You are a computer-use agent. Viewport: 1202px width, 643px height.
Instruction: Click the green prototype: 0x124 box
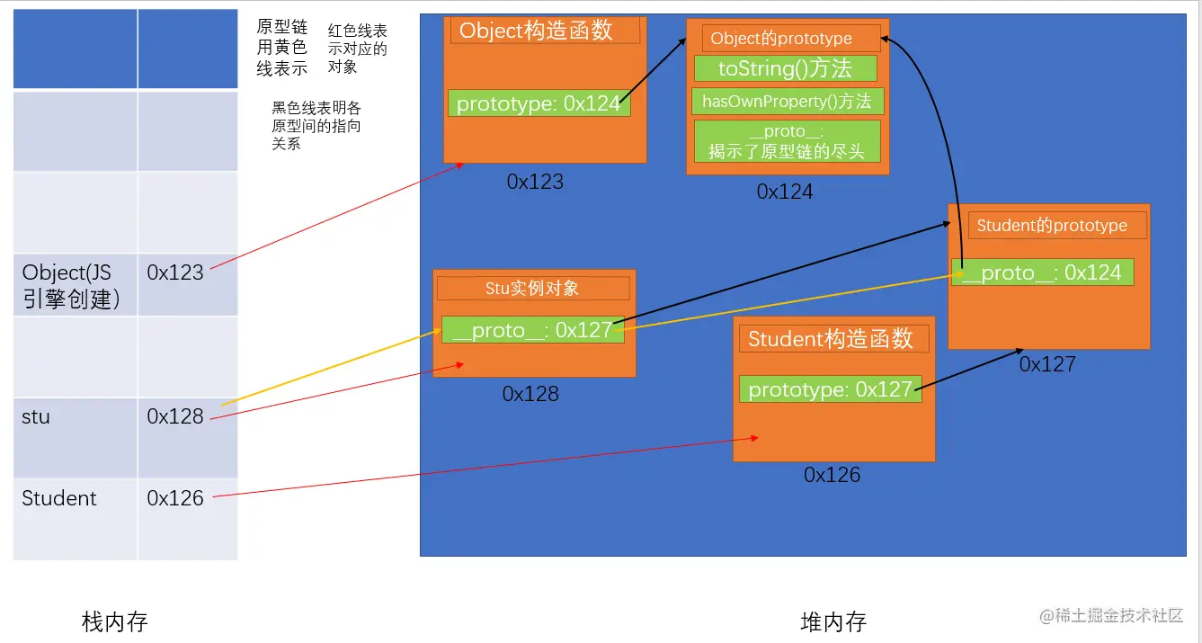point(539,103)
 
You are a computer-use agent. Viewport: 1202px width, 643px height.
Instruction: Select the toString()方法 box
point(785,68)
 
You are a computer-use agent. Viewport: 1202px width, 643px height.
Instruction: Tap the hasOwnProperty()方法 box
point(788,101)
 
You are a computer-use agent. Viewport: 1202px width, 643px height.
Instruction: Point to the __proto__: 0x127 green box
point(531,330)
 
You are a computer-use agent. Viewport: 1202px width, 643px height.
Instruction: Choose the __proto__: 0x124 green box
point(1042,272)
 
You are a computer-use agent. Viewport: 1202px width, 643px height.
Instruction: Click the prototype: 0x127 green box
point(830,389)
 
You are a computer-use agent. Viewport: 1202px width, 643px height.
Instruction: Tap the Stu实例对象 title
point(532,289)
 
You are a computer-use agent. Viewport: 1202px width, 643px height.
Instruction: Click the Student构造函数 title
point(831,339)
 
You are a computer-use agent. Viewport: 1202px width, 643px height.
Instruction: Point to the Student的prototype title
point(1052,226)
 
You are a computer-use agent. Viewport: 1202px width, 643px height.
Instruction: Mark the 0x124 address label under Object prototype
point(785,192)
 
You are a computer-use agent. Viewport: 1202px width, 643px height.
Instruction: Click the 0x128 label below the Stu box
point(530,394)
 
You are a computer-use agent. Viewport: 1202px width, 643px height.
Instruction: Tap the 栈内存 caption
point(114,621)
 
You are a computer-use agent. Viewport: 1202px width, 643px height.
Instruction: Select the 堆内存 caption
point(833,621)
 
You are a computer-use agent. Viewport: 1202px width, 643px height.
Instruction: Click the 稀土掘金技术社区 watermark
point(1111,616)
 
